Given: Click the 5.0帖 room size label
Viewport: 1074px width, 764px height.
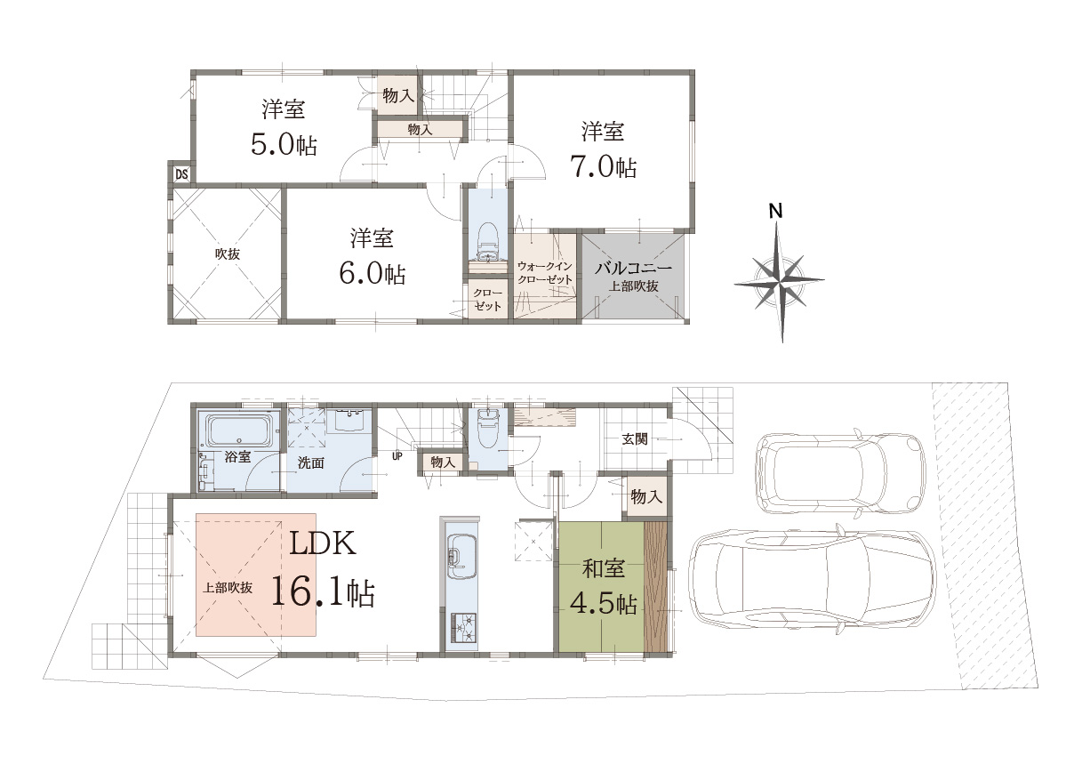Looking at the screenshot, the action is click(x=284, y=144).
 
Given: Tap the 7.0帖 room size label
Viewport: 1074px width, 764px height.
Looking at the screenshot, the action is click(x=603, y=167).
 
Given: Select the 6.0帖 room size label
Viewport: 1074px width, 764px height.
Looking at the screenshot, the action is click(x=372, y=274).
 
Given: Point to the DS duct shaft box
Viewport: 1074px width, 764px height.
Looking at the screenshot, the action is click(x=181, y=173).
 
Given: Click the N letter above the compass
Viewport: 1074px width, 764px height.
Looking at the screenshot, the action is click(x=775, y=211).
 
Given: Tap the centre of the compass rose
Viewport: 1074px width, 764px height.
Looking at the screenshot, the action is click(x=780, y=280).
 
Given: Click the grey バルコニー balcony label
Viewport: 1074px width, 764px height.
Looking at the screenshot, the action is click(x=633, y=268).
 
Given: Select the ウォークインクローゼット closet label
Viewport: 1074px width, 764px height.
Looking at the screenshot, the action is click(x=545, y=272).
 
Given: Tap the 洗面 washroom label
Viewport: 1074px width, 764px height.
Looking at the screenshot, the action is click(x=310, y=462).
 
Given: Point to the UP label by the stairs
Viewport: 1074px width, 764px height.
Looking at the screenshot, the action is click(x=397, y=456).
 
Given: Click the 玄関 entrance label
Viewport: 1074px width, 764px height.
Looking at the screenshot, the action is click(x=635, y=438).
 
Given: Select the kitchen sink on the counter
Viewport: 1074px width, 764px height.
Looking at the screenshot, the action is click(x=461, y=558).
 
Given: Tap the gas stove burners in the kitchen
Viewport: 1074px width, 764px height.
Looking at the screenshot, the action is click(x=463, y=628).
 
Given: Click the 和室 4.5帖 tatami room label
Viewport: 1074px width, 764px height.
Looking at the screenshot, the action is click(x=603, y=587).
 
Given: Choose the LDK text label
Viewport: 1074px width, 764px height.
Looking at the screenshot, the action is click(x=322, y=543).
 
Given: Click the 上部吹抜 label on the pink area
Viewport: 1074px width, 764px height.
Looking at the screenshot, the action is click(x=228, y=588).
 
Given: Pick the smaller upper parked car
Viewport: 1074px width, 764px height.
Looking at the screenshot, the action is click(x=840, y=475).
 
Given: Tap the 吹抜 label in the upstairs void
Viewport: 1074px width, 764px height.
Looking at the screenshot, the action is click(x=228, y=253).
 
